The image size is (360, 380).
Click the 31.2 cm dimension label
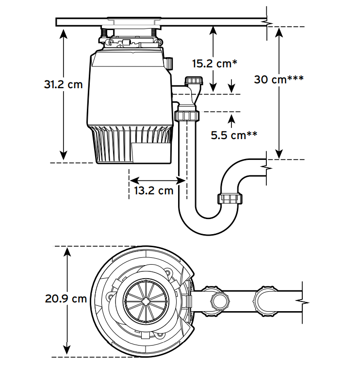click(x=63, y=84)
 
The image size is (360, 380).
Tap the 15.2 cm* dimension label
click(x=214, y=63)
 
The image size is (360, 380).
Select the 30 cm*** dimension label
click(x=278, y=79)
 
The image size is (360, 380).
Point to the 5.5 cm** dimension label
click(x=234, y=135)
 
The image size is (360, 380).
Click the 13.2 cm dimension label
click(x=154, y=190)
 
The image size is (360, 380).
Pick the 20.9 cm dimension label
click(x=66, y=299)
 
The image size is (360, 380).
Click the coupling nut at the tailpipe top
click(x=186, y=115)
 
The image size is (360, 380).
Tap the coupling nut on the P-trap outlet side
click(x=229, y=199)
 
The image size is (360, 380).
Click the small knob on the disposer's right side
click(x=169, y=63)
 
